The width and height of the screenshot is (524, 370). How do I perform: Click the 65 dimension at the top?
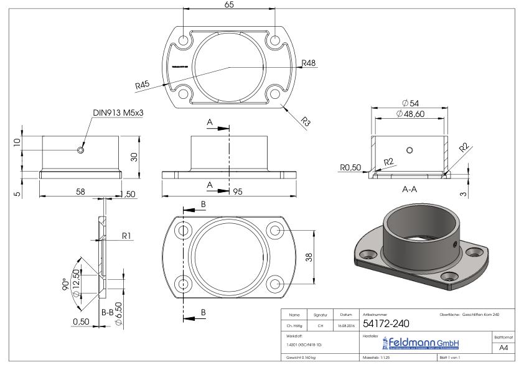click(230, 4)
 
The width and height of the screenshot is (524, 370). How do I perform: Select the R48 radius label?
click(309, 63)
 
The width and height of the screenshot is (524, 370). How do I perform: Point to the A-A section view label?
click(409, 189)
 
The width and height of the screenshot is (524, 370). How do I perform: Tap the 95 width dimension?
click(238, 192)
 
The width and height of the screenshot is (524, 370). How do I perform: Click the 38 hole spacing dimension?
click(309, 257)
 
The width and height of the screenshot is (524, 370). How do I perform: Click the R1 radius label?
click(126, 236)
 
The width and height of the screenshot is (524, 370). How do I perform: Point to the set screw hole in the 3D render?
click(456, 244)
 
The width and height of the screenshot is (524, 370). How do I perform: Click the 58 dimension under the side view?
click(80, 192)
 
